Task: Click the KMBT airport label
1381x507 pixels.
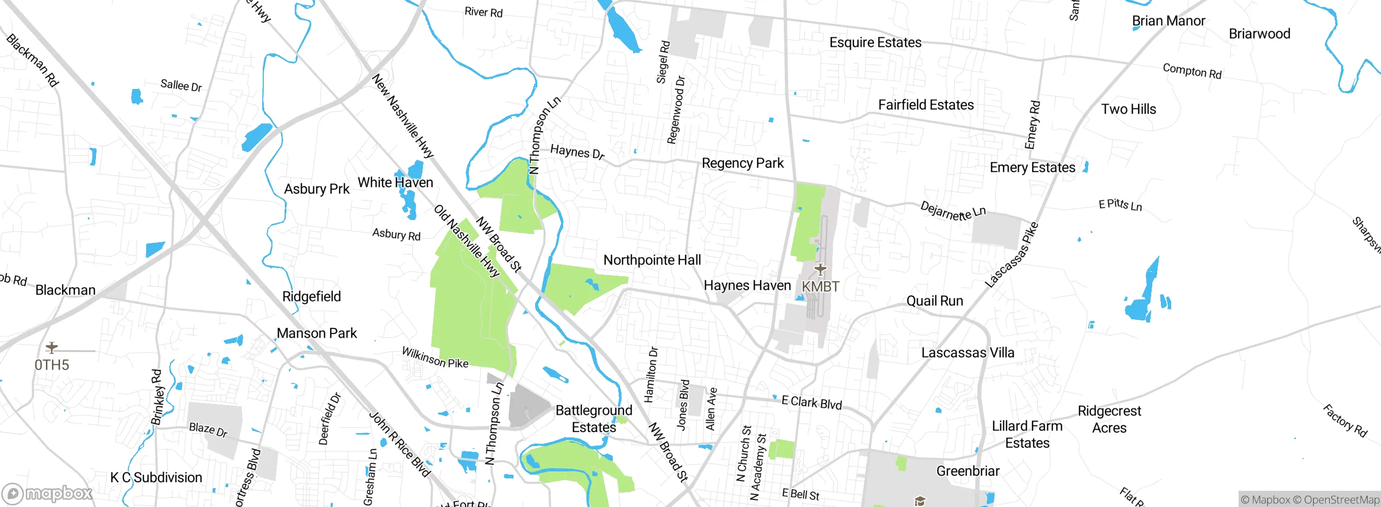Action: [x=820, y=286]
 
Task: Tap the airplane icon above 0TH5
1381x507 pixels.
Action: [x=52, y=347]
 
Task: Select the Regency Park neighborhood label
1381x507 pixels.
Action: [x=742, y=163]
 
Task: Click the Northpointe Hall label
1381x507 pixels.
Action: [x=652, y=260]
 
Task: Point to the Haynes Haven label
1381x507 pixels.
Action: [x=747, y=285]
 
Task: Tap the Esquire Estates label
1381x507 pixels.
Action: [x=875, y=43]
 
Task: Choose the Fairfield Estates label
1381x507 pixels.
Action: [x=926, y=105]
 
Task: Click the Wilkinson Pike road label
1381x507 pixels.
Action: [x=435, y=358]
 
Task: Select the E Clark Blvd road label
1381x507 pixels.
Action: [x=811, y=402]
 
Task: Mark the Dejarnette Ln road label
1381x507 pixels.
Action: [x=953, y=210]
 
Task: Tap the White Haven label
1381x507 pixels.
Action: [x=395, y=182]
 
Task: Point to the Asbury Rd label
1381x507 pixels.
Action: [x=396, y=234]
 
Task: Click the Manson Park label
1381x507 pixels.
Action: [x=317, y=333]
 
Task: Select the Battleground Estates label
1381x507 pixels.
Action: [x=593, y=419]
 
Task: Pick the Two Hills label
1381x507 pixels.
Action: [x=1129, y=109]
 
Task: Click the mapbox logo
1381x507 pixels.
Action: [x=47, y=493]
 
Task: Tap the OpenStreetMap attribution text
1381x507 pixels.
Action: [x=1341, y=500]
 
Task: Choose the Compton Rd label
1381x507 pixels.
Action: [x=1192, y=71]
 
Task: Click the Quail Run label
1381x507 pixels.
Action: [x=934, y=301]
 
